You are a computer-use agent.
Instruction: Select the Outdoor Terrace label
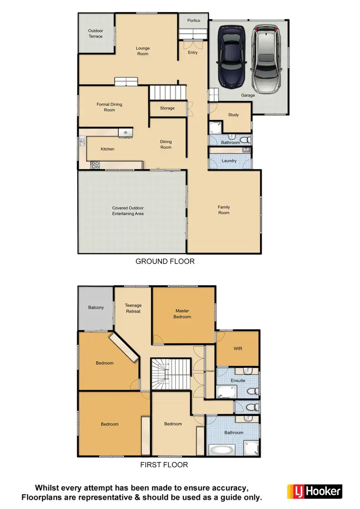click(96, 34)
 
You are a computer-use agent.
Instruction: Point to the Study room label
click(233, 115)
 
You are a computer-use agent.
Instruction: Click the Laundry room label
click(228, 160)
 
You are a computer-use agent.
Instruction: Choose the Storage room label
click(167, 108)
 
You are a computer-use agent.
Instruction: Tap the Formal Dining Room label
click(109, 107)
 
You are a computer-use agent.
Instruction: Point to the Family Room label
click(224, 210)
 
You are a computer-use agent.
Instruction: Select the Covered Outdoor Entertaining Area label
click(128, 211)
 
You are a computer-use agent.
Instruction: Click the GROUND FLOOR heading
click(165, 262)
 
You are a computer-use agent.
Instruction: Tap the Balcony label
click(96, 307)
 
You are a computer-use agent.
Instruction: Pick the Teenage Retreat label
click(133, 308)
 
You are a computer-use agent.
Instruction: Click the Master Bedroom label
click(183, 314)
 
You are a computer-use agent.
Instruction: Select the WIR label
click(238, 349)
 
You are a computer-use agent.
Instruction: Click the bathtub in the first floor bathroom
click(222, 450)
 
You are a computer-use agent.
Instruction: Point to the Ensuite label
click(238, 380)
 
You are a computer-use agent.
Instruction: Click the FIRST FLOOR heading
click(164, 465)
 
